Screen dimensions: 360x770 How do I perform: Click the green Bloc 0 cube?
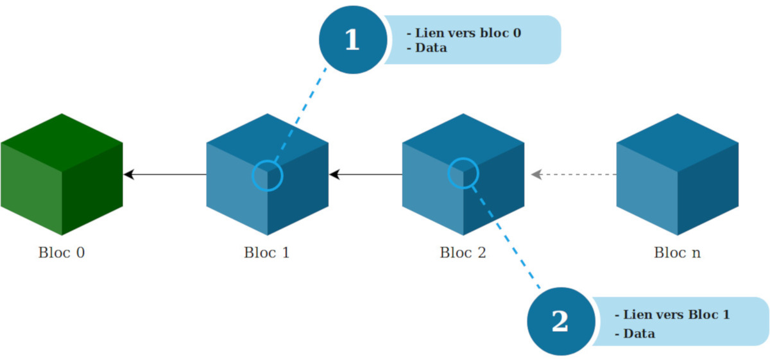(x=62, y=174)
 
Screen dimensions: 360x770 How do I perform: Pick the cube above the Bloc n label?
(x=678, y=174)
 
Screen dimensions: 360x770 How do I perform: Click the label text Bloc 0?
(x=62, y=252)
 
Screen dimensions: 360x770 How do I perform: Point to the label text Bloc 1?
(x=267, y=252)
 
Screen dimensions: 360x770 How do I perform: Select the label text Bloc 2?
(x=463, y=252)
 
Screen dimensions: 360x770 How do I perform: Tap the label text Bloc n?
(x=678, y=252)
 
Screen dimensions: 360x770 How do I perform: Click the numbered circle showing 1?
(x=352, y=40)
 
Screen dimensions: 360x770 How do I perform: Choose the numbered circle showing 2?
(x=560, y=321)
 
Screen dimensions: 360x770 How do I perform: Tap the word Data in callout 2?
(x=639, y=334)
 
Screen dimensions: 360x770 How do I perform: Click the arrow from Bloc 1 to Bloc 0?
(x=165, y=174)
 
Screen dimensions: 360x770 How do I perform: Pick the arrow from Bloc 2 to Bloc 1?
(x=366, y=174)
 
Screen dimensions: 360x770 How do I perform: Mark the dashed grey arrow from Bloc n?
(x=574, y=174)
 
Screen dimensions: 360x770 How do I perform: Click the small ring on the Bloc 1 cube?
(x=267, y=175)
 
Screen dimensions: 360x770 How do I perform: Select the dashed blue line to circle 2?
(x=507, y=237)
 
